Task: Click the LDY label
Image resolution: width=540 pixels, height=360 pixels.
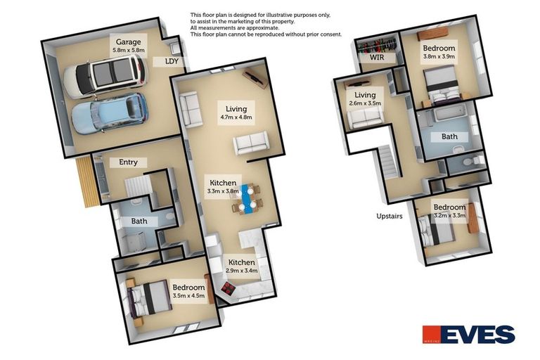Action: click(x=171, y=62)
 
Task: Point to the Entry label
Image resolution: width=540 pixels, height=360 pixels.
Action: click(x=128, y=162)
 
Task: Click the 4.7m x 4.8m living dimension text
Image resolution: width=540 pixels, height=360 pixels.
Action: click(x=236, y=117)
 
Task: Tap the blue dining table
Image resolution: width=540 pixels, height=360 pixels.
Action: click(x=245, y=198)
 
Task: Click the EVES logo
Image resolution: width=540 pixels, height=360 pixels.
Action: click(x=468, y=335)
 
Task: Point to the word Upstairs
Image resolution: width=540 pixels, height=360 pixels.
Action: click(x=389, y=216)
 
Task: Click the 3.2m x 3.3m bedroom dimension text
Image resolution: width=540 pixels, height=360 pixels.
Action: click(x=449, y=216)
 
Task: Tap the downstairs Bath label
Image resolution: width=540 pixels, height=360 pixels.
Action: click(x=139, y=221)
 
